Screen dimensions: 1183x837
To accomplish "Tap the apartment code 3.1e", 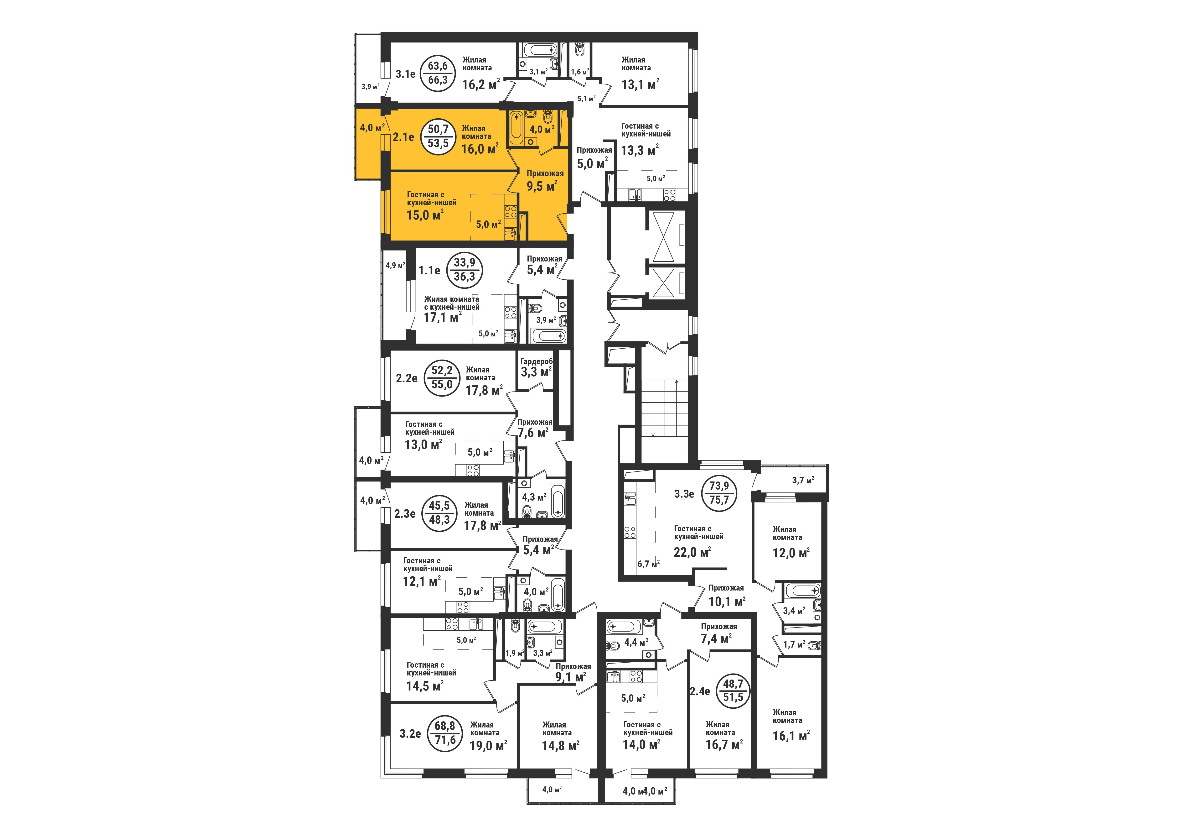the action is pyautogui.click(x=405, y=74).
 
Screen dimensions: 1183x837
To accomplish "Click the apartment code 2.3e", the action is pyautogui.click(x=404, y=513).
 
